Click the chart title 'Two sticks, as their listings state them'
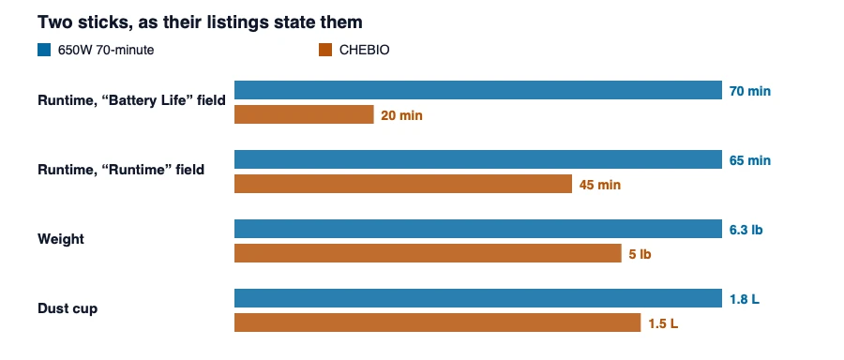coord(200,22)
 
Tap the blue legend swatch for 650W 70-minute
coord(44,50)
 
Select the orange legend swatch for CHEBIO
coord(325,50)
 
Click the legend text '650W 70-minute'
coord(106,50)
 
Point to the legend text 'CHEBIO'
coord(365,50)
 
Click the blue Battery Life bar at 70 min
coord(478,90)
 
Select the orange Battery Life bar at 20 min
coord(304,114)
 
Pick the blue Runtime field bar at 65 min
coord(478,159)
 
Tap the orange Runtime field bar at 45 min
coord(403,184)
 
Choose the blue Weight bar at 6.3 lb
coord(478,229)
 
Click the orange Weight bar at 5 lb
coord(428,253)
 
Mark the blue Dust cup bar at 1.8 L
coord(478,298)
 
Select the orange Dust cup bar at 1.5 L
coord(438,322)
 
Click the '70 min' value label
coord(750,91)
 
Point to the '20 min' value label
coord(402,115)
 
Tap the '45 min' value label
coord(600,185)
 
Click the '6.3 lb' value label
coord(746,230)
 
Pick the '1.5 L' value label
coord(663,324)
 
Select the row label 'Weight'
coord(61,239)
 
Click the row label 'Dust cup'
coord(68,308)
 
